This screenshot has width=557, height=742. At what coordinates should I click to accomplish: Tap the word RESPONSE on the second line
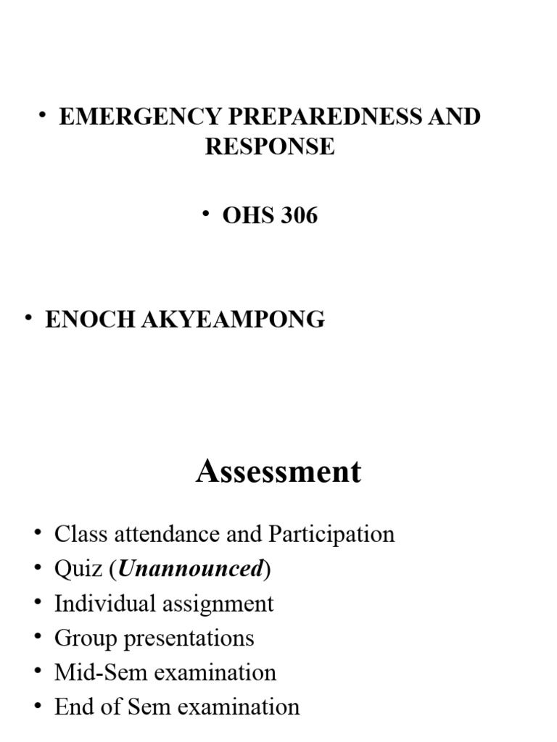pyautogui.click(x=269, y=146)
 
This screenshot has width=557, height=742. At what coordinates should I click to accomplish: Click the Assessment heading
pyautogui.click(x=278, y=472)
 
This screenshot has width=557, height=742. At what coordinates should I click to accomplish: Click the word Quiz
pyautogui.click(x=78, y=570)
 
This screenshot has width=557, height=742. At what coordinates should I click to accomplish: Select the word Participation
pyautogui.click(x=331, y=535)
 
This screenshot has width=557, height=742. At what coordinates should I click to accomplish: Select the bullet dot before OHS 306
pyautogui.click(x=207, y=213)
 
